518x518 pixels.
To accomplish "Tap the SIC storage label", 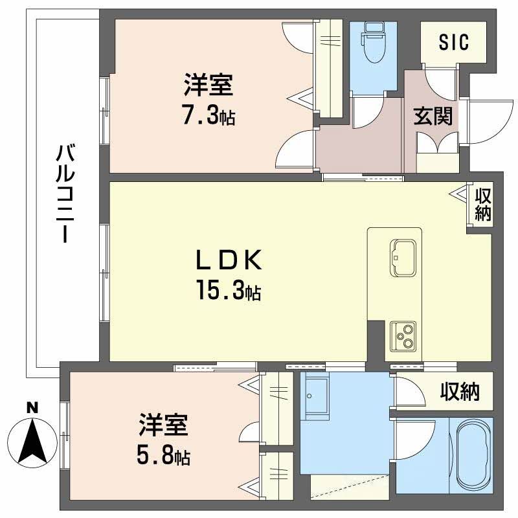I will [x=453, y=42].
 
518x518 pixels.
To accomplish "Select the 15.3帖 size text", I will [x=229, y=292].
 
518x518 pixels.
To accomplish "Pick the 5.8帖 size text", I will [x=163, y=456].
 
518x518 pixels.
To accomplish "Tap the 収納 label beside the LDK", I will [x=482, y=204].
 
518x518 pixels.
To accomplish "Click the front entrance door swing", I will [x=488, y=117].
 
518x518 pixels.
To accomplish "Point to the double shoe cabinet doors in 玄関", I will [x=437, y=144].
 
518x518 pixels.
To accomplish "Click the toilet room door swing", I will [x=369, y=113].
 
